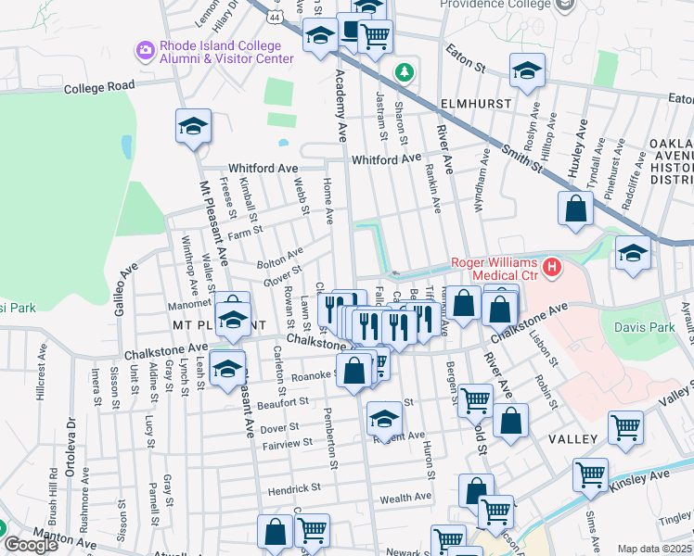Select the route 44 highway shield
coord(276,17)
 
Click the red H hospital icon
coord(553,269)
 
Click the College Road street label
coord(99,87)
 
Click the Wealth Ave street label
coord(405,497)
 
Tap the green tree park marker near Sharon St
coord(405,71)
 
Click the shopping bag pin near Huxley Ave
coord(576,209)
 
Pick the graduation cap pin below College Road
coord(193,127)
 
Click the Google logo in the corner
coord(30,546)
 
